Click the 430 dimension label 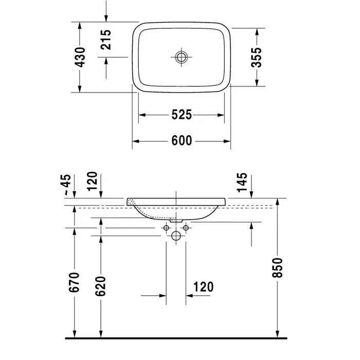[x=80, y=57]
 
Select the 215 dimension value [x=106, y=40]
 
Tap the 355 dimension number [x=257, y=57]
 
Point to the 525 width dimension [x=182, y=115]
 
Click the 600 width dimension [x=182, y=140]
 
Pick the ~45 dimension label [x=67, y=185]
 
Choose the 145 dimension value [x=242, y=183]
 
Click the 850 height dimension [x=277, y=268]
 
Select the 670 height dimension [x=74, y=282]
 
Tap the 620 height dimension [x=101, y=286]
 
